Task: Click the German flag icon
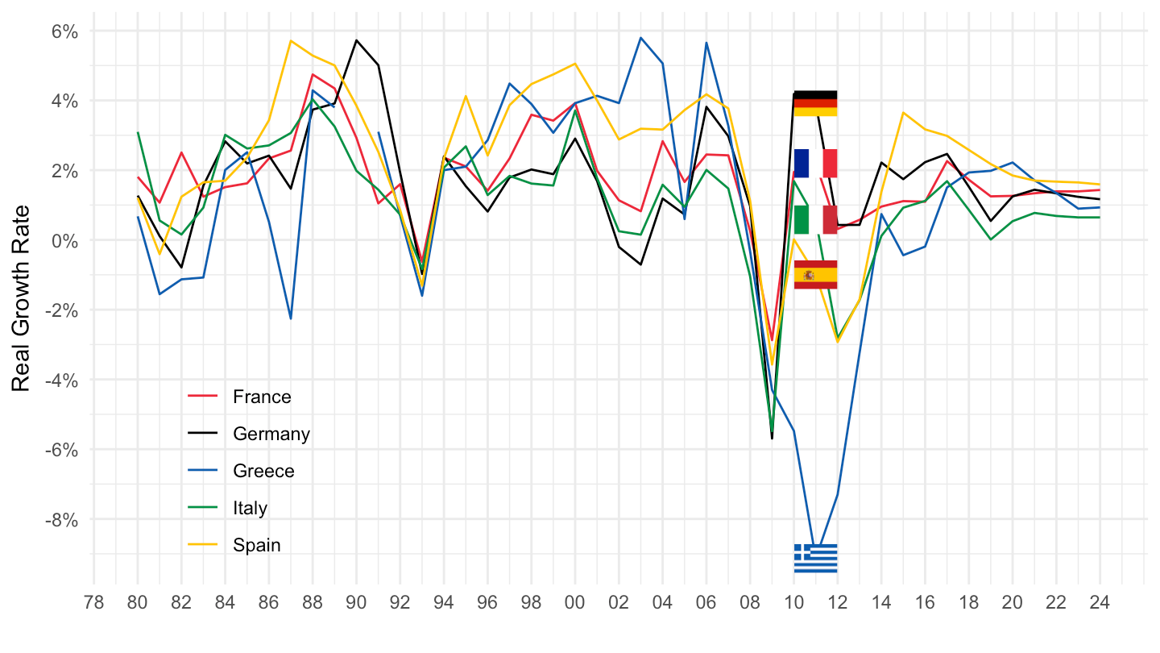pos(815,103)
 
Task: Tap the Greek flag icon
pos(815,558)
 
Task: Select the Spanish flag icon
pos(815,275)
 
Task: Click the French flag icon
pos(815,163)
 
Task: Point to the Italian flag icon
pos(815,219)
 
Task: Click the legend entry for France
pos(261,397)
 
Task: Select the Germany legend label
pos(271,434)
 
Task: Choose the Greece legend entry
pos(263,471)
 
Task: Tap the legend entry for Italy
pos(250,508)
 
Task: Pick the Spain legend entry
pos(256,545)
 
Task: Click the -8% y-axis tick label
pos(60,519)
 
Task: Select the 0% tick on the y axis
pos(64,240)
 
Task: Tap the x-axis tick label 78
pos(94,603)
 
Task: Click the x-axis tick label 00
pos(575,603)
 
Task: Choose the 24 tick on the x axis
pos(1100,603)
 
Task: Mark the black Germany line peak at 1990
pos(356,40)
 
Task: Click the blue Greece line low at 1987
pos(291,319)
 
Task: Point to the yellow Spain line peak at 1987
pos(291,40)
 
